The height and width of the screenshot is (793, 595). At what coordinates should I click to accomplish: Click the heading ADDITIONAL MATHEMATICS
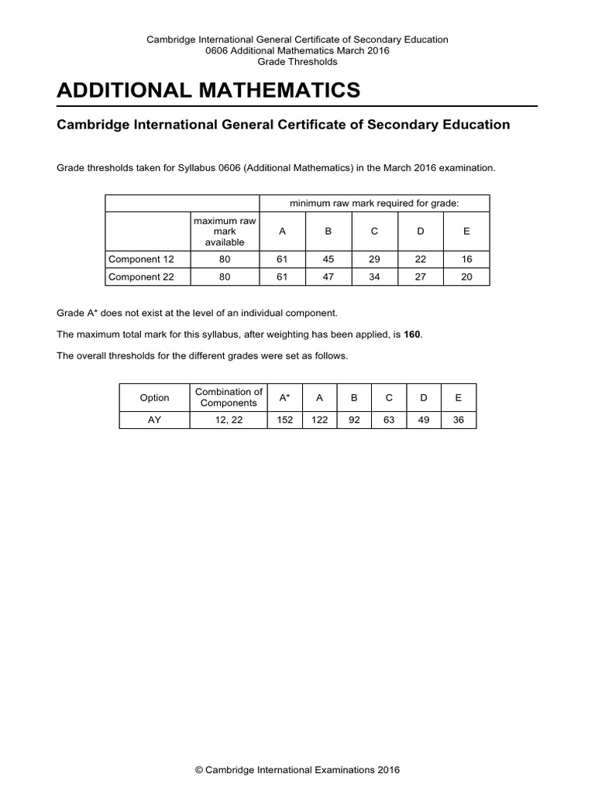coord(208,90)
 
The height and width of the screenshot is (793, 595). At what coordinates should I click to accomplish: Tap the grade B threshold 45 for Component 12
coord(328,259)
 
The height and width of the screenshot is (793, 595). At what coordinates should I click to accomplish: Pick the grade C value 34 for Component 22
coord(374,276)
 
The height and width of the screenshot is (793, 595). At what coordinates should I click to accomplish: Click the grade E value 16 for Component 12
coord(466,259)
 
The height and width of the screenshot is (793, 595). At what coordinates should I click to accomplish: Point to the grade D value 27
coord(421,276)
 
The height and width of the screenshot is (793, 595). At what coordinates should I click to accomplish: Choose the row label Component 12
coord(136,259)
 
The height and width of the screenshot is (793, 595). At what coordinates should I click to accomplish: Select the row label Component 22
coord(136,276)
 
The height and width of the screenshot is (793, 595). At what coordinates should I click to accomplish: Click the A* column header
coord(284,397)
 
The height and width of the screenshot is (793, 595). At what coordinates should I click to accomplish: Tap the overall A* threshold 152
coord(284,420)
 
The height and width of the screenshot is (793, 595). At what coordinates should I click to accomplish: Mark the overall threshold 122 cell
coord(319,420)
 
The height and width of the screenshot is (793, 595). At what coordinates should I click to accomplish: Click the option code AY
coord(154,420)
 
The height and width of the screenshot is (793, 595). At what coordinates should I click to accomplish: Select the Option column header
coord(154,397)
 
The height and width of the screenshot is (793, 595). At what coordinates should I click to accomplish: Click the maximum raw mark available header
coord(224,232)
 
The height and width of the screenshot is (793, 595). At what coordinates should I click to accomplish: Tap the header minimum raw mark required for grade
coord(374,203)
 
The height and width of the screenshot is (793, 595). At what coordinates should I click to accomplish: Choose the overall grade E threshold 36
coord(458,420)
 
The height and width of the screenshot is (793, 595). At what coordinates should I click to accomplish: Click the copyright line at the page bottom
coord(297,770)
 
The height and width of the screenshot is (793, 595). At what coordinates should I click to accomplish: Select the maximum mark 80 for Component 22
coord(224,276)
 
